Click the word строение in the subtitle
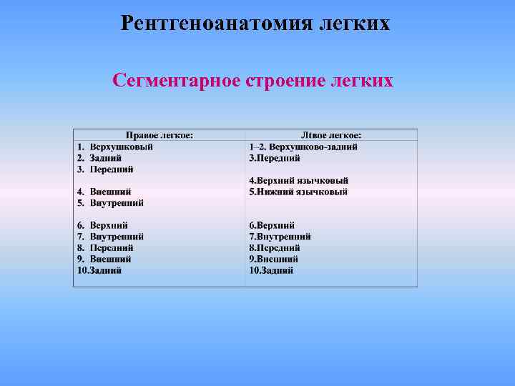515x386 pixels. pos(275,80)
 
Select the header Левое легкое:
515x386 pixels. pos(331,135)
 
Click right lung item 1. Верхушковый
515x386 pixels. pos(116,147)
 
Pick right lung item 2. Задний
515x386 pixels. pos(100,158)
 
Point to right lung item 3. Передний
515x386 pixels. pos(106,169)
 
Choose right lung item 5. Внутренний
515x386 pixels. pos(111,203)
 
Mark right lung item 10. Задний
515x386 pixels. pos(99,270)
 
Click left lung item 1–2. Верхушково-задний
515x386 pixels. pos(303,147)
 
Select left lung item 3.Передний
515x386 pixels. pos(275,158)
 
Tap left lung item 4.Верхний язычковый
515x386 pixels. pos(299,180)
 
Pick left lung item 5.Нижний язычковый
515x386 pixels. pos(298,192)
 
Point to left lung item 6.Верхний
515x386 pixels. pos(272,225)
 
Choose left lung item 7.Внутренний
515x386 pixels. pos(280,237)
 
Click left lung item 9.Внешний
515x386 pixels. pos(274,259)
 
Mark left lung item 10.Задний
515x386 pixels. pos(271,270)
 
